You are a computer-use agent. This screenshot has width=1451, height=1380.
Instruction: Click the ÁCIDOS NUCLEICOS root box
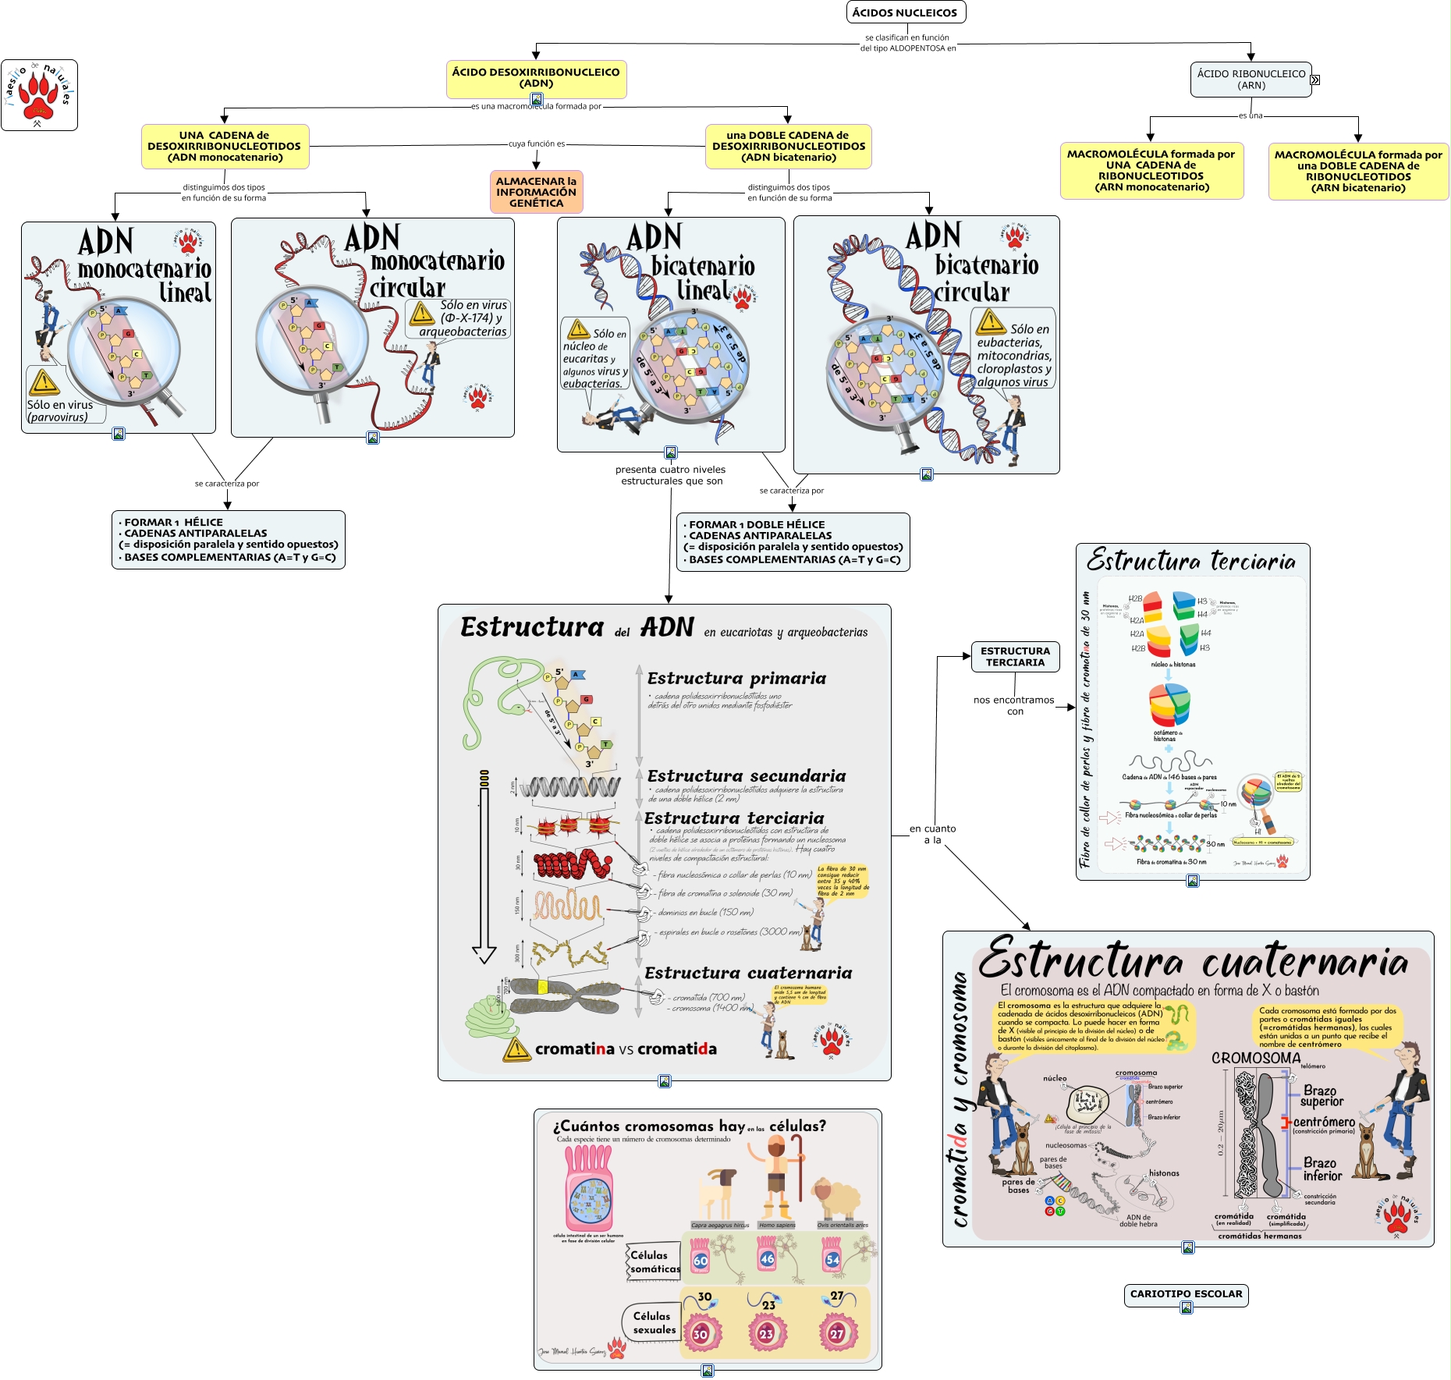click(x=905, y=12)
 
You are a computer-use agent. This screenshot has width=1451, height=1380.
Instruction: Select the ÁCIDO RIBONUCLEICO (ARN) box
click(x=1251, y=80)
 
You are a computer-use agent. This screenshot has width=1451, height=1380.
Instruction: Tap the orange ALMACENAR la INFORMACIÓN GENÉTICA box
click(x=536, y=192)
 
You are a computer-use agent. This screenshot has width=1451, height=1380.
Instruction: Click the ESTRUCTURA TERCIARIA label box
click(x=1015, y=657)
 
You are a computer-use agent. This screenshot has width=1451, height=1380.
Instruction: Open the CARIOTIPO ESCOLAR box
click(x=1186, y=1294)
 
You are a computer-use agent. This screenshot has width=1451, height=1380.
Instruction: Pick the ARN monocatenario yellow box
click(x=1151, y=171)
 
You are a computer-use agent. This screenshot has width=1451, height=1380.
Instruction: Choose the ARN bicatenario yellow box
click(x=1358, y=172)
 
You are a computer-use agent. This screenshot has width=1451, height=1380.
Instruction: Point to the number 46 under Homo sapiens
click(x=768, y=1258)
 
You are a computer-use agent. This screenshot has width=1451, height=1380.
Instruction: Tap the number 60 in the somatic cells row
click(x=701, y=1261)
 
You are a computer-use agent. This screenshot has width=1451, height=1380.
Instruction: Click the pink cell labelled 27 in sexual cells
click(x=836, y=1334)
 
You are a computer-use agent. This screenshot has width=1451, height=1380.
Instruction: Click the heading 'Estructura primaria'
click(x=736, y=679)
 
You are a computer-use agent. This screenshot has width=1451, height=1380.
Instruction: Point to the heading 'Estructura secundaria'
click(x=747, y=776)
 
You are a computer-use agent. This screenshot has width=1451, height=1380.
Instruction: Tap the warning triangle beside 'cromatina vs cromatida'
click(x=516, y=1049)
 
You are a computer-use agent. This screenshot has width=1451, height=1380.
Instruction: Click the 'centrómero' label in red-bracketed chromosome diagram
click(x=1324, y=1122)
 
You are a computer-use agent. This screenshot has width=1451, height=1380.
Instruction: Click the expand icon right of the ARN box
click(x=1315, y=80)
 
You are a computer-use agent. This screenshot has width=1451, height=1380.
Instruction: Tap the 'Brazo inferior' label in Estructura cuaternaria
click(x=1322, y=1169)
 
